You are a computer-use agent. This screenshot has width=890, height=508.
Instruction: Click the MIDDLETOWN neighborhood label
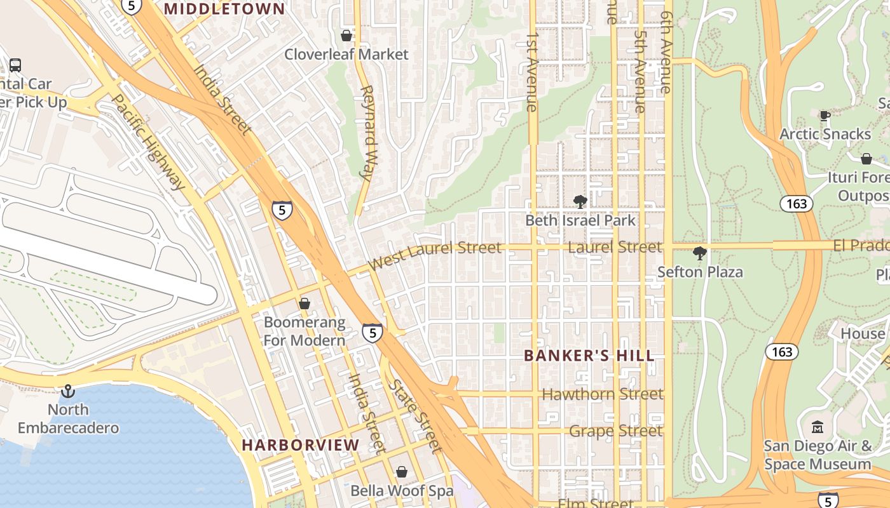(x=225, y=9)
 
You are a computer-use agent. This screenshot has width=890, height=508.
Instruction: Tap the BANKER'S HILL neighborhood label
(x=589, y=356)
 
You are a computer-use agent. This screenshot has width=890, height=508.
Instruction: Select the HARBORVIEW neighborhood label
(x=301, y=445)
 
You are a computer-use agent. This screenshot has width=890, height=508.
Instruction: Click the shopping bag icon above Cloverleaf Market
(x=346, y=36)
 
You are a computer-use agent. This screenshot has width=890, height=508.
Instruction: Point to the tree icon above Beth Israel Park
(x=580, y=202)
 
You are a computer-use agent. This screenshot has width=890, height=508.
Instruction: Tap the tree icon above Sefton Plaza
(x=700, y=253)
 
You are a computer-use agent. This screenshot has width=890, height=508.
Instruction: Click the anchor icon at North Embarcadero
(x=68, y=391)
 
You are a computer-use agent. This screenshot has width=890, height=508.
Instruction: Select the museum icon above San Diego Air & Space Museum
(x=818, y=427)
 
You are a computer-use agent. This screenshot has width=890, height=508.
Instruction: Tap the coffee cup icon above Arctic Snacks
(x=825, y=116)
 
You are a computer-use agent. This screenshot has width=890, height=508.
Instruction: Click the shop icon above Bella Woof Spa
(x=402, y=472)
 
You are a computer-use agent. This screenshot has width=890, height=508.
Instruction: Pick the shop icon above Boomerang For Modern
(x=305, y=304)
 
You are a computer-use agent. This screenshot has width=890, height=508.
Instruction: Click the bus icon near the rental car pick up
(x=15, y=65)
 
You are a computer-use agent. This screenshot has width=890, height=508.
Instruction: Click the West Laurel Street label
(x=435, y=255)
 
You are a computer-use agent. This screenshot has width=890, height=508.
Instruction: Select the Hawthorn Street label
(x=602, y=394)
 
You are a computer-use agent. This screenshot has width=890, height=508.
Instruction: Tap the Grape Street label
(x=615, y=431)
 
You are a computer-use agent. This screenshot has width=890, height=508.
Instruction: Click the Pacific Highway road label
(x=149, y=142)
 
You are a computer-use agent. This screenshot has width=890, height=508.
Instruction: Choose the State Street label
(x=416, y=416)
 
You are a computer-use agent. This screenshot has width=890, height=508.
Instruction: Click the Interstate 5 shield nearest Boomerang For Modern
(x=373, y=332)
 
